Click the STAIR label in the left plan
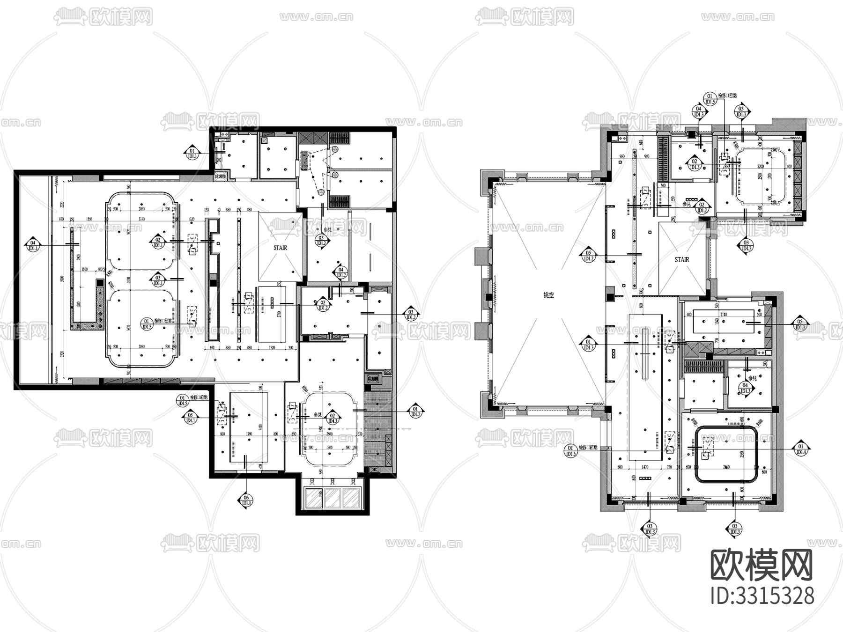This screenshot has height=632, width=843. coord(280,248)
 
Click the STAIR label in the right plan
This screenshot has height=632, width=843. coord(682,259)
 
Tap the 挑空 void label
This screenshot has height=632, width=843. coord(548,296)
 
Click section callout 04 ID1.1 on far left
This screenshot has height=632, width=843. coord(33,245)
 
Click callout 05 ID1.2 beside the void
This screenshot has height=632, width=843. coord(588,256)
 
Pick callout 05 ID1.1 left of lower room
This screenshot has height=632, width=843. coord(190,417)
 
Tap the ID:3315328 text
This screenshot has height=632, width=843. coord(762,596)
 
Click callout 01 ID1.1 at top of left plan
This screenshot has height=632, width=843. coord(191,153)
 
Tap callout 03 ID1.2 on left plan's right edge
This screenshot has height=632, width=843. coord(411,314)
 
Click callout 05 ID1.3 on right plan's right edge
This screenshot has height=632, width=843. coord(800,324)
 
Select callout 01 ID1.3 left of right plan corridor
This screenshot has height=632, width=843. coord(588,344)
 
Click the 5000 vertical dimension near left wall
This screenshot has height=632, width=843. coord(61,279)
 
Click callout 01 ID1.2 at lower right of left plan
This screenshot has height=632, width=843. coord(414,411)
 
